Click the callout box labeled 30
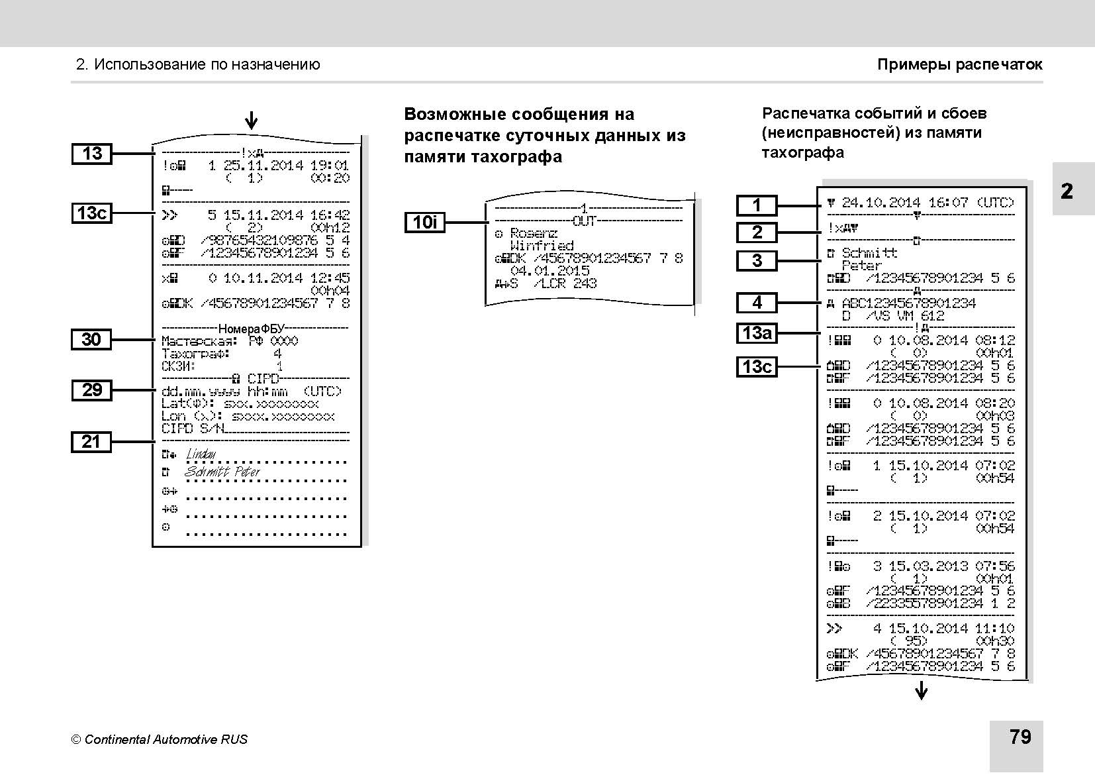click(x=91, y=340)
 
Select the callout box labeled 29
click(x=91, y=390)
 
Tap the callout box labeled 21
click(x=91, y=442)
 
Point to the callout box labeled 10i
click(x=424, y=222)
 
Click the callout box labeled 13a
click(x=757, y=333)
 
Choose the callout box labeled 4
click(x=757, y=303)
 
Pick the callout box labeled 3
click(x=757, y=260)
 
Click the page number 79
click(x=1020, y=737)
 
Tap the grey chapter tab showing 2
click(x=1067, y=191)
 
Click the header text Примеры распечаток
click(x=959, y=65)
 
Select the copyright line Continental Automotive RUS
click(x=160, y=739)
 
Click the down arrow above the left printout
click(x=251, y=121)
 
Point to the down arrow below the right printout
click(x=921, y=693)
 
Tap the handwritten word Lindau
click(x=201, y=454)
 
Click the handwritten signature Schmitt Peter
click(x=222, y=472)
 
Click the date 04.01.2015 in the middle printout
click(x=549, y=271)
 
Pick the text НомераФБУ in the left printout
click(x=251, y=329)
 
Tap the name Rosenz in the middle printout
click(x=534, y=234)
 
